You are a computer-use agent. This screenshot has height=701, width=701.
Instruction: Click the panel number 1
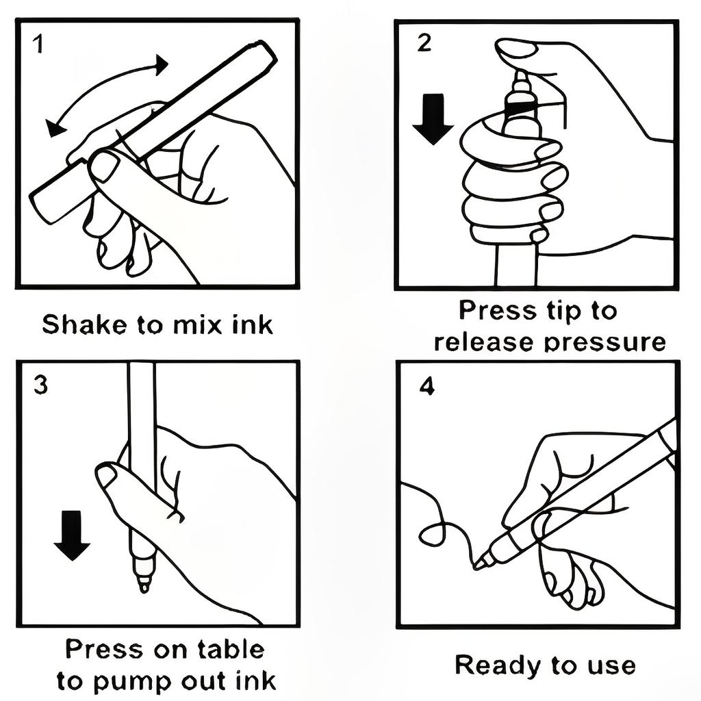pos(39,44)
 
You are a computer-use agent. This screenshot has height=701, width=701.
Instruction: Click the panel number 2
pos(424,43)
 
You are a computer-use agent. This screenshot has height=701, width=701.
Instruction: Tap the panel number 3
pos(40,385)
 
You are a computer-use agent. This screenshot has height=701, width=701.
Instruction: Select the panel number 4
pos(427,387)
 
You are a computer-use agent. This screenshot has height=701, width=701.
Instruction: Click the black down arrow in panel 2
pos(433,119)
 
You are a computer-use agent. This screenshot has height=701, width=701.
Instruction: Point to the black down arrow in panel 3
pos(72,535)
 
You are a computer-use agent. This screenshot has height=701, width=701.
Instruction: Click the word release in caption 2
pos(484,342)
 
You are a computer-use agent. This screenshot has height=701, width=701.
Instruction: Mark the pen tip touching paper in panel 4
pos(476,566)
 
